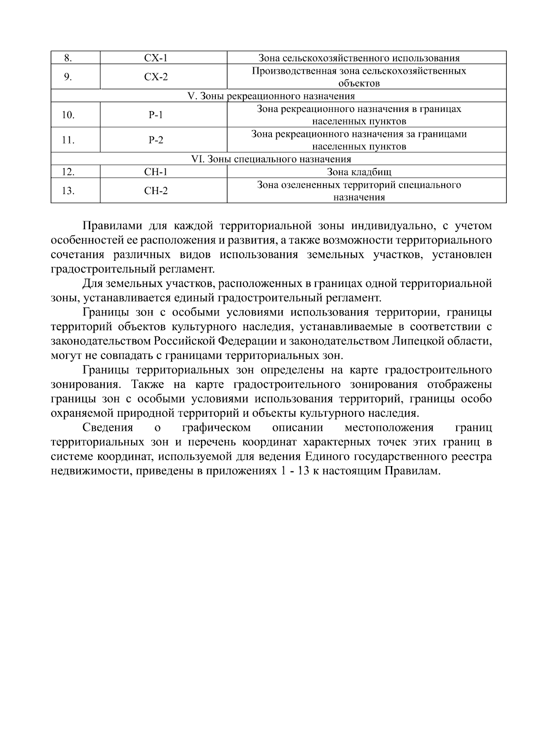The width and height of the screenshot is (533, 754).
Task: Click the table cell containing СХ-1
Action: tap(156, 58)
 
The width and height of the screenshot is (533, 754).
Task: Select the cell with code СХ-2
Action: tap(156, 77)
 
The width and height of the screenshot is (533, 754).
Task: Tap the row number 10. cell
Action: tap(68, 115)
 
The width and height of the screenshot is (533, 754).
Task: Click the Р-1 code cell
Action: tap(156, 115)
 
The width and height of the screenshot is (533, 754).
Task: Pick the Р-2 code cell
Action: tap(156, 140)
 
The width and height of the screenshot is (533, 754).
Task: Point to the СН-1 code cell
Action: tap(156, 172)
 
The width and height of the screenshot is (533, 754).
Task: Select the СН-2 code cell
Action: tap(156, 191)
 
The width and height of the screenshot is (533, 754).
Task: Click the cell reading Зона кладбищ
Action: tap(359, 172)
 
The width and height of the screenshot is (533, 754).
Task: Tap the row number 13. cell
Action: tap(68, 191)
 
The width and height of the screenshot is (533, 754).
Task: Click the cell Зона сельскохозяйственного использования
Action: tap(359, 58)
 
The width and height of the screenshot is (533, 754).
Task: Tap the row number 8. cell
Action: tap(68, 58)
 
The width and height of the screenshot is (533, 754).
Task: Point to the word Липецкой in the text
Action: tap(417, 341)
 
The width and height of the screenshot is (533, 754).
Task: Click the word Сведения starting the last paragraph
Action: tap(108, 428)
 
